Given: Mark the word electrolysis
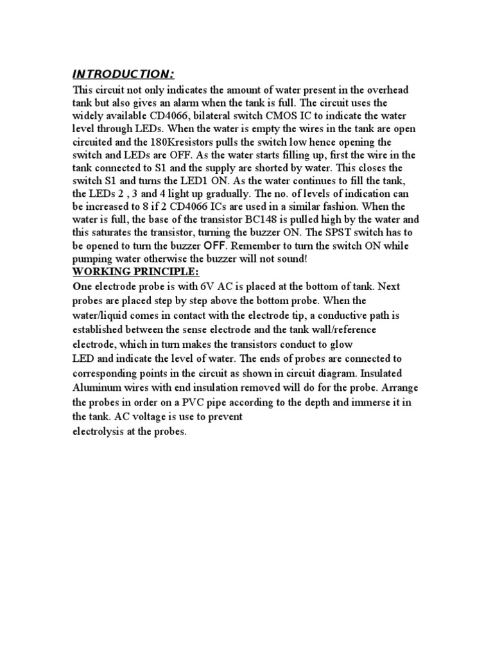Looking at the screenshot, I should (96, 432).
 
